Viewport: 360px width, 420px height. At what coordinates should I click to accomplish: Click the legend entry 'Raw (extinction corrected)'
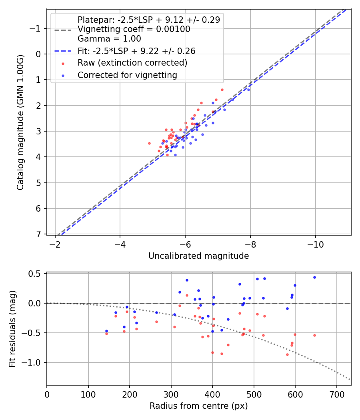click(132, 63)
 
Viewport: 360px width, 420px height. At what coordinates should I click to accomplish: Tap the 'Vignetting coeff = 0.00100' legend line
click(134, 29)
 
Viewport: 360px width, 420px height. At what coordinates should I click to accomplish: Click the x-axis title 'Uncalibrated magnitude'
click(198, 256)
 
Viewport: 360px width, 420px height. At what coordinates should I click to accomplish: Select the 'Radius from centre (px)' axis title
click(198, 406)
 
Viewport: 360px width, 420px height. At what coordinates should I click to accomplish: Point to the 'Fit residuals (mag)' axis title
click(12, 328)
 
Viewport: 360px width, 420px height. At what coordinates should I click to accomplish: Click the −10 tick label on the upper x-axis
click(315, 244)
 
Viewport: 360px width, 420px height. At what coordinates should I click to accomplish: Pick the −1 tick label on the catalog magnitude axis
click(36, 28)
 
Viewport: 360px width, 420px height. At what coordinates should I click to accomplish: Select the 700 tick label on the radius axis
click(336, 394)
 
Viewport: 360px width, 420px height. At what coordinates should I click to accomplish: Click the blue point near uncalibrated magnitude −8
click(248, 90)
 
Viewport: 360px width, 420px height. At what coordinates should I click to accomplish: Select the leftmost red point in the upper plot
click(149, 143)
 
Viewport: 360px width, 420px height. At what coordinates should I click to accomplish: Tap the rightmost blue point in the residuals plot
click(314, 277)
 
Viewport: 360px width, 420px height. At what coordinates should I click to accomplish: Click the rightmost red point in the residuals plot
click(314, 335)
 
